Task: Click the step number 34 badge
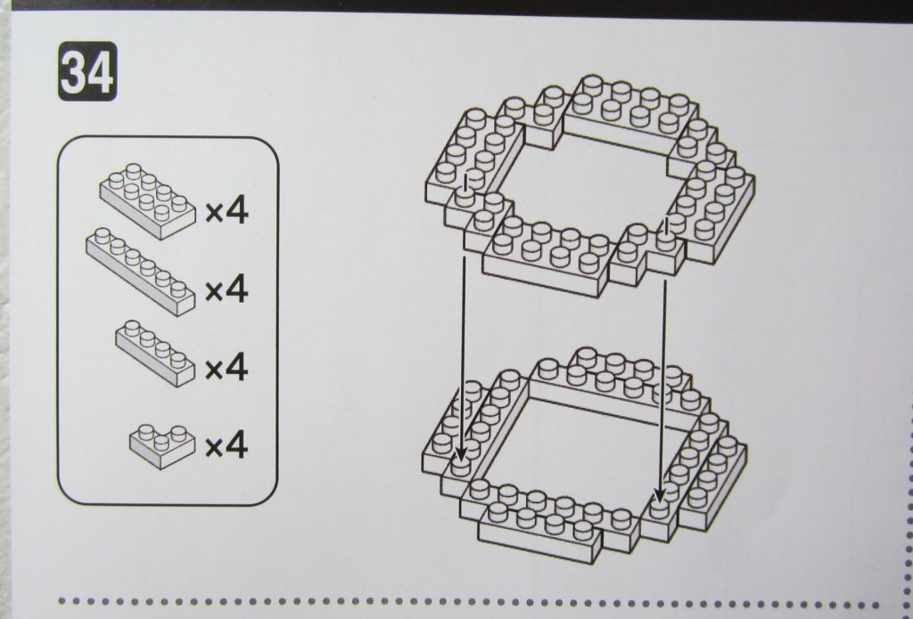pos(87,71)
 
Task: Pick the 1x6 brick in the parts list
pos(140,272)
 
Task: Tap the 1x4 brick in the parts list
pos(155,353)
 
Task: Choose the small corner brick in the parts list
pos(162,446)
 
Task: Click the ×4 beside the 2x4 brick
pos(226,210)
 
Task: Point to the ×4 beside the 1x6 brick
pos(226,289)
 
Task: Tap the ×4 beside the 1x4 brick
pos(226,368)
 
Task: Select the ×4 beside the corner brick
pos(226,445)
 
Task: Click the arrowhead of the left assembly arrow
pos(460,451)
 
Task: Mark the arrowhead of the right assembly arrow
pos(659,494)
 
